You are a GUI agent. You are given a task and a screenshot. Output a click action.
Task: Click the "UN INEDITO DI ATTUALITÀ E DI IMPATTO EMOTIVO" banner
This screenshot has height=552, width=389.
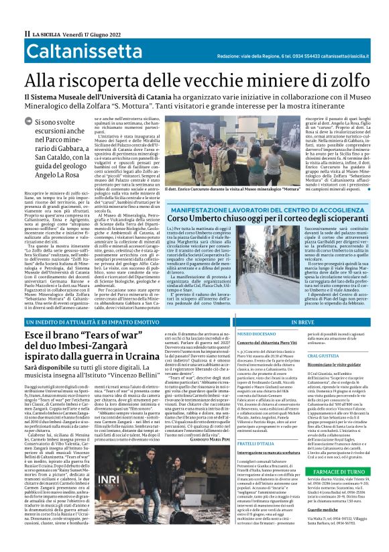tap(87, 341)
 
